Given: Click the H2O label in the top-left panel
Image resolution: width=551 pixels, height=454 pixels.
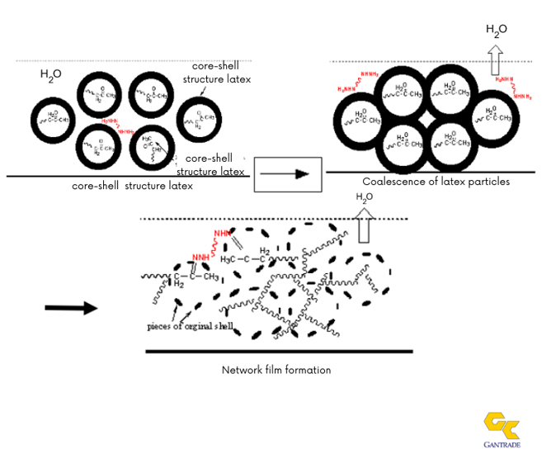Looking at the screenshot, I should [x=50, y=75].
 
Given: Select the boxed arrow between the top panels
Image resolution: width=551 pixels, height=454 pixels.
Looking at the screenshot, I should [x=287, y=173].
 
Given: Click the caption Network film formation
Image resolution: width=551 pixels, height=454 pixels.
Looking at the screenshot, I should [x=275, y=370].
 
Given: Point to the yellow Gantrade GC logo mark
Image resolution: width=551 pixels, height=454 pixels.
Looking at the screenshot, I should [x=502, y=424].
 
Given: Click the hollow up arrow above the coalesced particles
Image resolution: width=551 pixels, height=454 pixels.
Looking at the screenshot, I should [x=495, y=59].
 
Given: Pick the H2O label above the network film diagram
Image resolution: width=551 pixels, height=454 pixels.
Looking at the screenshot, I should [x=365, y=197].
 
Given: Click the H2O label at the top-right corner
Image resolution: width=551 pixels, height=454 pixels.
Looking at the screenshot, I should [x=497, y=31].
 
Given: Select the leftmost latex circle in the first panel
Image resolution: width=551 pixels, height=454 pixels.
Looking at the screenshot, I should [x=57, y=117].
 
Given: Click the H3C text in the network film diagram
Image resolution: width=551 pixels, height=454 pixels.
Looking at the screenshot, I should [x=229, y=260].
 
